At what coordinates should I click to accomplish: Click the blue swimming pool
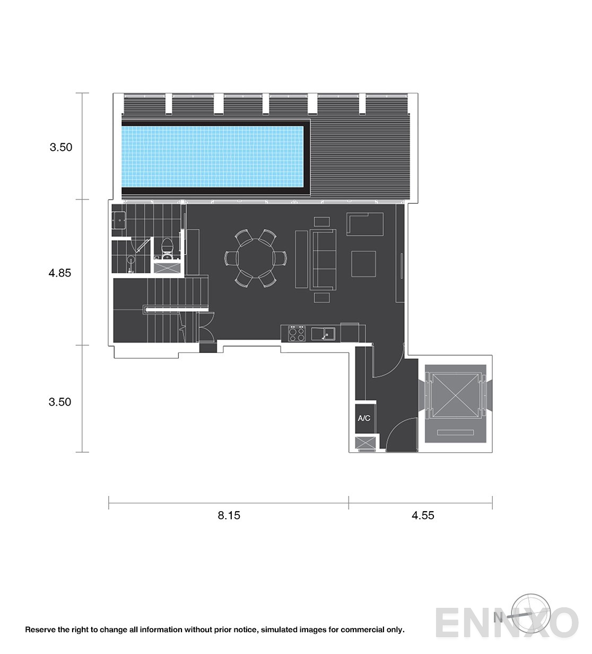tap(212, 157)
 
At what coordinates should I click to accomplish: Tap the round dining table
tap(256, 259)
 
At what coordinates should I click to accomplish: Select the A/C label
tap(364, 418)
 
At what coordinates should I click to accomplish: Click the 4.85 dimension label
tap(59, 273)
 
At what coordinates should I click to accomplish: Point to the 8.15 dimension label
tap(229, 515)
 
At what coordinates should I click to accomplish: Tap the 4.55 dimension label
tap(423, 515)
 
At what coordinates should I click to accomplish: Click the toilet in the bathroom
tap(168, 248)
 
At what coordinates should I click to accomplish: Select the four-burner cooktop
tap(297, 333)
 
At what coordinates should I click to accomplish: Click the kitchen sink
tap(323, 334)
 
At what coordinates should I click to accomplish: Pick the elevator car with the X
tap(455, 395)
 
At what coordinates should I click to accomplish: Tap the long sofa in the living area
tap(323, 260)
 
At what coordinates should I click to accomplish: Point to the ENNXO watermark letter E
tap(449, 623)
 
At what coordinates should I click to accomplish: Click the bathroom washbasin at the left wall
tap(119, 220)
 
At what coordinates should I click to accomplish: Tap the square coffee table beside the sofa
tap(363, 264)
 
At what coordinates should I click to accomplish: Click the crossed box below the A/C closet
tap(365, 443)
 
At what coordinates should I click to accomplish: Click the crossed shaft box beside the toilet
tap(167, 268)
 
